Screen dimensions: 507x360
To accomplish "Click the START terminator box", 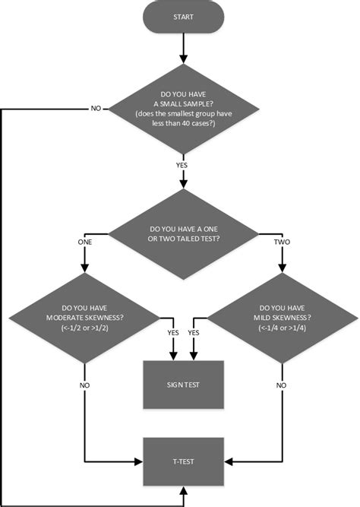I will [183, 17].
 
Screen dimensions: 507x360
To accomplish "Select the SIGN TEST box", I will [182, 385].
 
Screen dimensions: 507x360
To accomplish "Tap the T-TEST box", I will [182, 461].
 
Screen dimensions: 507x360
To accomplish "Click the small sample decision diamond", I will [183, 109].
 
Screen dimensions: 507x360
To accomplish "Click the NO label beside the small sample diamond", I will [96, 109].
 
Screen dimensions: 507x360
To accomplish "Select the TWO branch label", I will [282, 241].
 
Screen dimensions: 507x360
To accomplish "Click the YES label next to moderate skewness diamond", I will [172, 332].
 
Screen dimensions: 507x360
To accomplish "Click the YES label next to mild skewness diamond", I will [194, 332].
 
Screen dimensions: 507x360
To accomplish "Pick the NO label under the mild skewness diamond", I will [282, 385].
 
